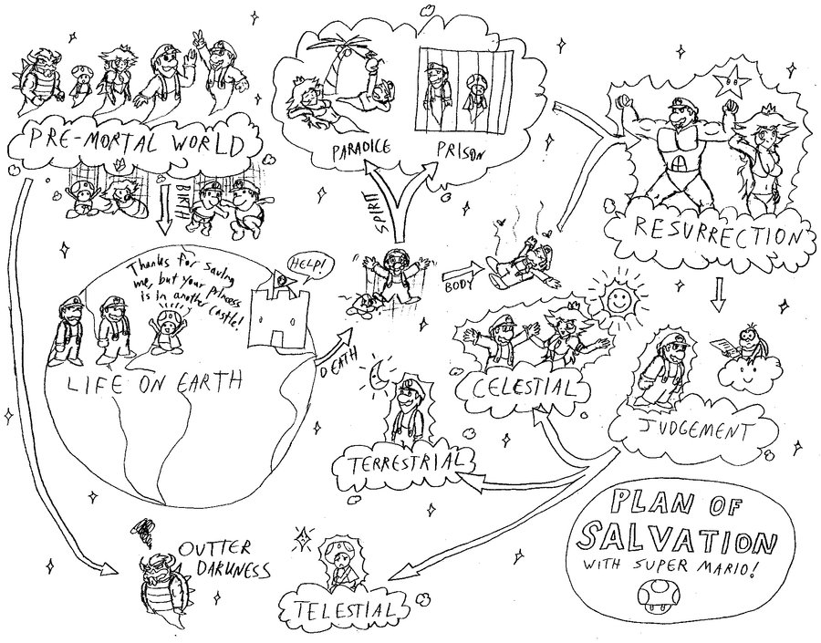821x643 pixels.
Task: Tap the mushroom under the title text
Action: point(655,596)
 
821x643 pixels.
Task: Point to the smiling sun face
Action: point(619,301)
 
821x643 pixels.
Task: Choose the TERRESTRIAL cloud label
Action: point(404,461)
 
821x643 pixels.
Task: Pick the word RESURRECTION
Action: point(715,231)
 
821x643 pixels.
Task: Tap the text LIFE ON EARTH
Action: point(155,384)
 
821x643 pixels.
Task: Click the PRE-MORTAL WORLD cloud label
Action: point(136,145)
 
